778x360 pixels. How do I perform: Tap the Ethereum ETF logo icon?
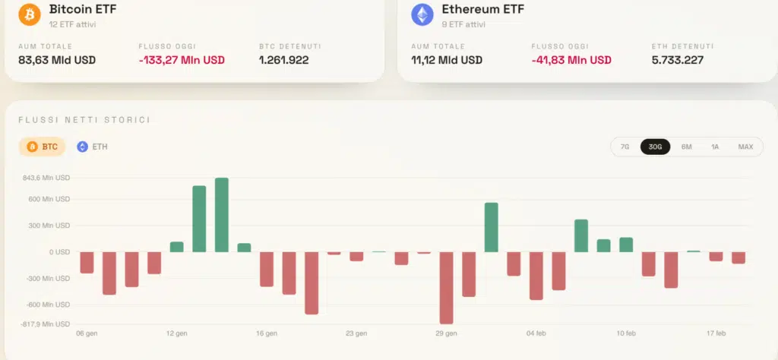coord(422,14)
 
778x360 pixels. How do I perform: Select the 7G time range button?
coord(625,147)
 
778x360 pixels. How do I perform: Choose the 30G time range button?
coord(655,147)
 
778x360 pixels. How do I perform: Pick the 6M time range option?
coord(686,147)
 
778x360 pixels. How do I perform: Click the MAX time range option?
coord(745,147)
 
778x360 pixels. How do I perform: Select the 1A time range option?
coord(715,147)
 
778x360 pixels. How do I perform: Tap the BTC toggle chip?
coord(43,147)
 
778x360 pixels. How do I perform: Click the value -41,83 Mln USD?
coord(571,60)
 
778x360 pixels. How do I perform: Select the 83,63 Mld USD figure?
coord(57,60)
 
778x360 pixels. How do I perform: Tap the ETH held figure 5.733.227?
coord(678,60)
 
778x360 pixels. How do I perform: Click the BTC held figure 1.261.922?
coord(283,60)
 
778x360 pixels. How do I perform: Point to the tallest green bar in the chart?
coord(222,215)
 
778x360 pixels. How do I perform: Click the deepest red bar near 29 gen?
coord(446,288)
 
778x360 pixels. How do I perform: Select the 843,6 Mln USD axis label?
coord(47,178)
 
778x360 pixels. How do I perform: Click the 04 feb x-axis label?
coord(536,333)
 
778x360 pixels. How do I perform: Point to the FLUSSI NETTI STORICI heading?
coord(84,120)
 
